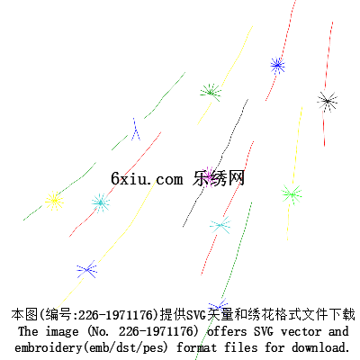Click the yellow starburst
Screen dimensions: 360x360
(x=54, y=201)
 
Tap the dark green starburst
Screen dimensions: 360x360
(x=211, y=93)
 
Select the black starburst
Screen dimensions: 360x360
(x=327, y=102)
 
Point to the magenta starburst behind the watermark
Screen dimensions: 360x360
(x=209, y=176)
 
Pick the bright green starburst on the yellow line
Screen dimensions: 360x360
(x=292, y=194)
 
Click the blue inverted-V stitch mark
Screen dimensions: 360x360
(x=135, y=130)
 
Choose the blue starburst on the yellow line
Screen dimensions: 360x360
(x=86, y=269)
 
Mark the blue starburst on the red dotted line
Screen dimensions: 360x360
(x=277, y=65)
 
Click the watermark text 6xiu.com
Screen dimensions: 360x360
(x=147, y=178)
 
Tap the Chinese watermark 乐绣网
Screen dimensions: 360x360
(x=219, y=178)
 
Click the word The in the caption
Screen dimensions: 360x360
(x=28, y=331)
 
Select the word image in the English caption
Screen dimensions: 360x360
(x=62, y=332)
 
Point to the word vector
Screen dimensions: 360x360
(x=301, y=332)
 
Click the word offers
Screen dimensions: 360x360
(x=227, y=331)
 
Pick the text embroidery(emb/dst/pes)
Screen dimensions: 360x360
(x=91, y=348)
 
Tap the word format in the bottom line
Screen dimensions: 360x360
(x=196, y=348)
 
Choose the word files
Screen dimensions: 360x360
(x=241, y=347)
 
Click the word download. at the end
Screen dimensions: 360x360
(x=320, y=347)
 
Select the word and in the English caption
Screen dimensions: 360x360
(x=338, y=331)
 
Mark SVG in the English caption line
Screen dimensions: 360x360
(x=264, y=331)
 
